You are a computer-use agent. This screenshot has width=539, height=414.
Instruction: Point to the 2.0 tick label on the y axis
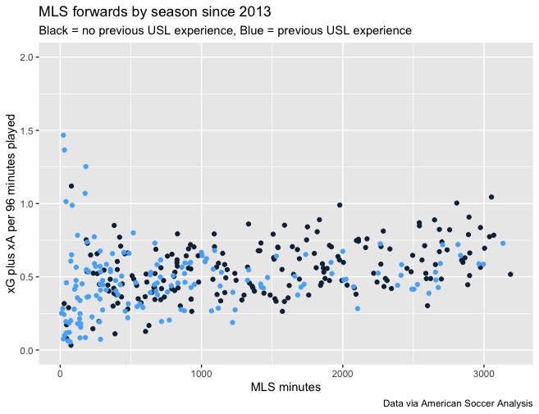[x=27, y=57]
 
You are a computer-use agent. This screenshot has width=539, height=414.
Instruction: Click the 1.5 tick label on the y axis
[x=27, y=130]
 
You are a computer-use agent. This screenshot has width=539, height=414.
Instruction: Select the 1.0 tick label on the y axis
[x=27, y=204]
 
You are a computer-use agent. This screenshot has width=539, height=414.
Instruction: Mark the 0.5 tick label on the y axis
[x=27, y=277]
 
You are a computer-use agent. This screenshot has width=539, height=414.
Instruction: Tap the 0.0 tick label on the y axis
[x=27, y=351]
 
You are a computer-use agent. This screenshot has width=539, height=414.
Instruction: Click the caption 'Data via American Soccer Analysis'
[x=458, y=404]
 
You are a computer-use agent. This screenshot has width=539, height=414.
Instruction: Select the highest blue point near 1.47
[x=63, y=135]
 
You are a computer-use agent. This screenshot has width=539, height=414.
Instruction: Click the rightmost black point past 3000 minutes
[x=510, y=275]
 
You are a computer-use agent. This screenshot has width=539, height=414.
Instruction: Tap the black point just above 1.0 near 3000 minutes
[x=491, y=197]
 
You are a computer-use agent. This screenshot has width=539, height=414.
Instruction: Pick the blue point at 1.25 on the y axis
[x=85, y=166]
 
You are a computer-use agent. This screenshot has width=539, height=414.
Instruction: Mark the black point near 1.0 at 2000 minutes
[x=340, y=205]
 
